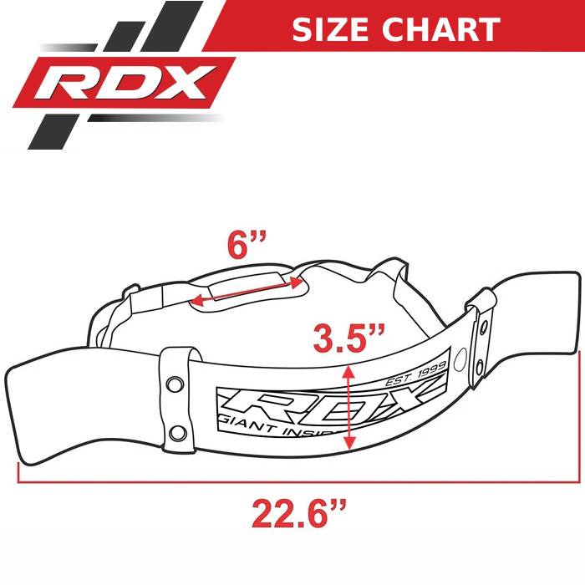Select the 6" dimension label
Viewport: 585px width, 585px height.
[x=247, y=247]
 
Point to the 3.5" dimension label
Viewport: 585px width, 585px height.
[x=348, y=340]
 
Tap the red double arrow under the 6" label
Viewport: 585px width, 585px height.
[x=247, y=287]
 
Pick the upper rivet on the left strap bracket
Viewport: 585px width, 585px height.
[x=175, y=383]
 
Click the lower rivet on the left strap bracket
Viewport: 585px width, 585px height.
[x=177, y=433]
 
